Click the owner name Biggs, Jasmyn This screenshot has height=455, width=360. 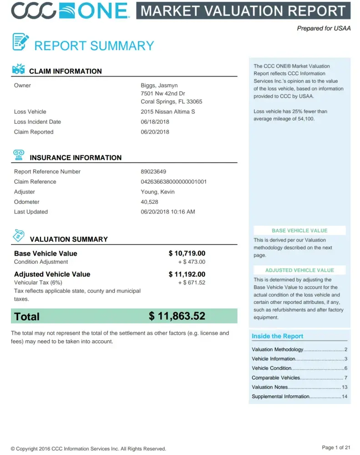159,86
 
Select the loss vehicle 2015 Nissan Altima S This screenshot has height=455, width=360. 167,112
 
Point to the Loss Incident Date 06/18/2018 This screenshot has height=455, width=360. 155,122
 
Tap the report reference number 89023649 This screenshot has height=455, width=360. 153,172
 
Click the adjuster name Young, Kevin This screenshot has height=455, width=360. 157,192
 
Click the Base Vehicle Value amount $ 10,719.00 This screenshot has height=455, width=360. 187,253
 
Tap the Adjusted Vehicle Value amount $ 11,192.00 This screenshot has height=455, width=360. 187,274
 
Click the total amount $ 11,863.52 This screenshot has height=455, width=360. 177,316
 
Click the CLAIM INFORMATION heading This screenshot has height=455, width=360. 65,71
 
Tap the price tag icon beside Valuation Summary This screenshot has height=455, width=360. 19,235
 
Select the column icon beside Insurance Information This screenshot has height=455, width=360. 19,155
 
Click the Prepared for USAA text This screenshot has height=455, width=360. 324,28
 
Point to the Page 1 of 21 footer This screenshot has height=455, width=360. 336,448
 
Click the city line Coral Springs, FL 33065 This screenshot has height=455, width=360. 171,102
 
